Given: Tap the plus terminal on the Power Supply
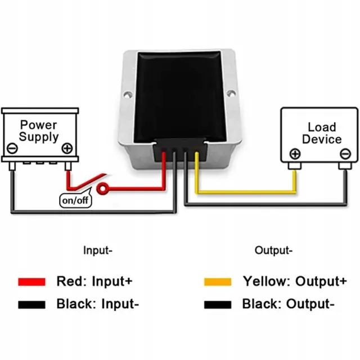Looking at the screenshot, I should (67, 149).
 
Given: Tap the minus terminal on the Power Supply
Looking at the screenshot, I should (12, 149).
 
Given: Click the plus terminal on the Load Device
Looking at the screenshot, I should (295, 154).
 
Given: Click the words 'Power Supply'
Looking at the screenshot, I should (39, 130).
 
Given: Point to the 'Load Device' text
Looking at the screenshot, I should (321, 133).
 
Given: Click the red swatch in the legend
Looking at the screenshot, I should (31, 281).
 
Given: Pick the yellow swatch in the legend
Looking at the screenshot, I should (218, 281).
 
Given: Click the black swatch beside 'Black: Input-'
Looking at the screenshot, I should (31, 305).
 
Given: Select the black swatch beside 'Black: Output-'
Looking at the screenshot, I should (218, 305).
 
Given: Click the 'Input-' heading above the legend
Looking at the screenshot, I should (98, 250).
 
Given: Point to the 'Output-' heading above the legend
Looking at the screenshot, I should (273, 250).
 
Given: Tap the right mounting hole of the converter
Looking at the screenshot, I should (231, 90).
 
